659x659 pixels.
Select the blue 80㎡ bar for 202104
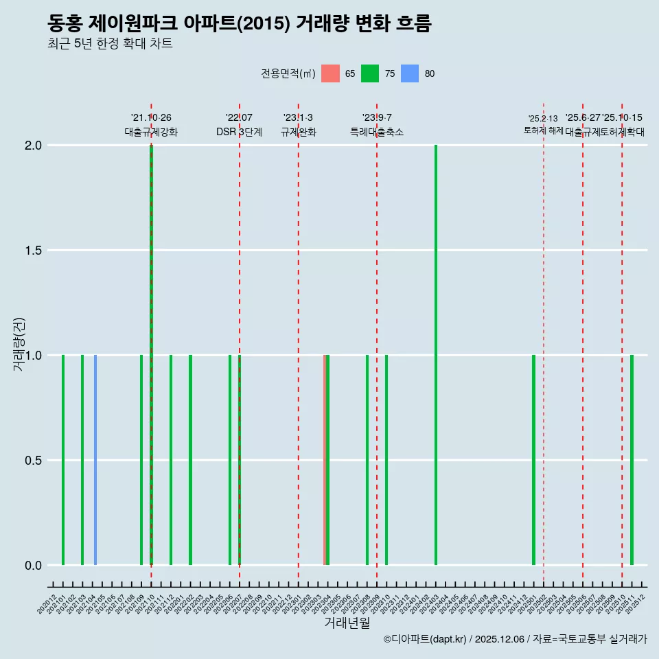[95, 460]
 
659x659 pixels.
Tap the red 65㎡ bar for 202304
[325, 460]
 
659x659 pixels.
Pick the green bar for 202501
[533, 460]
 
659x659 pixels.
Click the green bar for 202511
[632, 460]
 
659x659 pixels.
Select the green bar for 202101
[63, 460]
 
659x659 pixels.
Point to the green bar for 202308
[367, 460]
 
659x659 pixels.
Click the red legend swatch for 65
[330, 73]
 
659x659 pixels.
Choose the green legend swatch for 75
[370, 73]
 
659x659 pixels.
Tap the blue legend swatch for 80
[410, 73]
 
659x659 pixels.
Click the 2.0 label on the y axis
[33, 146]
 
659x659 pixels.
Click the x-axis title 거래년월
[347, 623]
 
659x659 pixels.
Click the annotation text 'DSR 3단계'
[239, 132]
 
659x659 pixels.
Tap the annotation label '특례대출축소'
[377, 132]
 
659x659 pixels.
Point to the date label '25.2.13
[543, 119]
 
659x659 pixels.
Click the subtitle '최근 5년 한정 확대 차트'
[110, 44]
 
